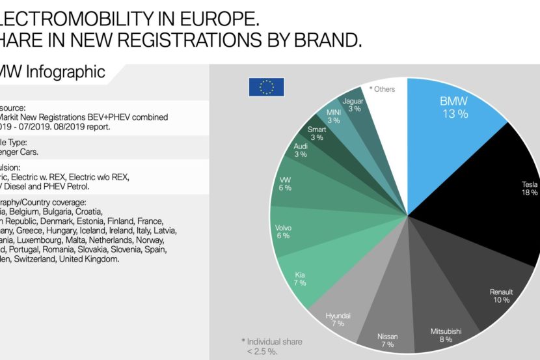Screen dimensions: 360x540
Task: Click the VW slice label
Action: pos(284,183)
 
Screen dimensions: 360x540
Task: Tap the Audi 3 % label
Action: pos(301,150)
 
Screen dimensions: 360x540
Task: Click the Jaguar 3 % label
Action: pos(355,105)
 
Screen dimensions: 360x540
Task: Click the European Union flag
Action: pos(266,87)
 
